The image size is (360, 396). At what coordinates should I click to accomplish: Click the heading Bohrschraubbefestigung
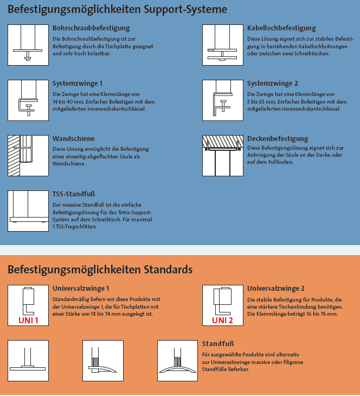pos(91,28)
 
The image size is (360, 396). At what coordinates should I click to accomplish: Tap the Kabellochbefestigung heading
pos(281,28)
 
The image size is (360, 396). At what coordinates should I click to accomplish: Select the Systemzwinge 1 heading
pos(78,84)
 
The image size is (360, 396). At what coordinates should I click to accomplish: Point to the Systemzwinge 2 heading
pos(272,84)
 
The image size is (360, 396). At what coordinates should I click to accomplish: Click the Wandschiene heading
pos(74,139)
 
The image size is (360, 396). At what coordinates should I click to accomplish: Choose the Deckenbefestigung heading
pos(277,139)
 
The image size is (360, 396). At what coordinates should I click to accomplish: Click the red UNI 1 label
pos(29,320)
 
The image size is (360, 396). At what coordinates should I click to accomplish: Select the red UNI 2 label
pos(222,320)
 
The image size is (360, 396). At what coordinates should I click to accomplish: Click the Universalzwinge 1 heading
pos(81,289)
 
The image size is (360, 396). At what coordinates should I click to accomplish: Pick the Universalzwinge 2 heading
pos(276,289)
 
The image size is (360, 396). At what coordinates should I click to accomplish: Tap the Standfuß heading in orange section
pos(218,344)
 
